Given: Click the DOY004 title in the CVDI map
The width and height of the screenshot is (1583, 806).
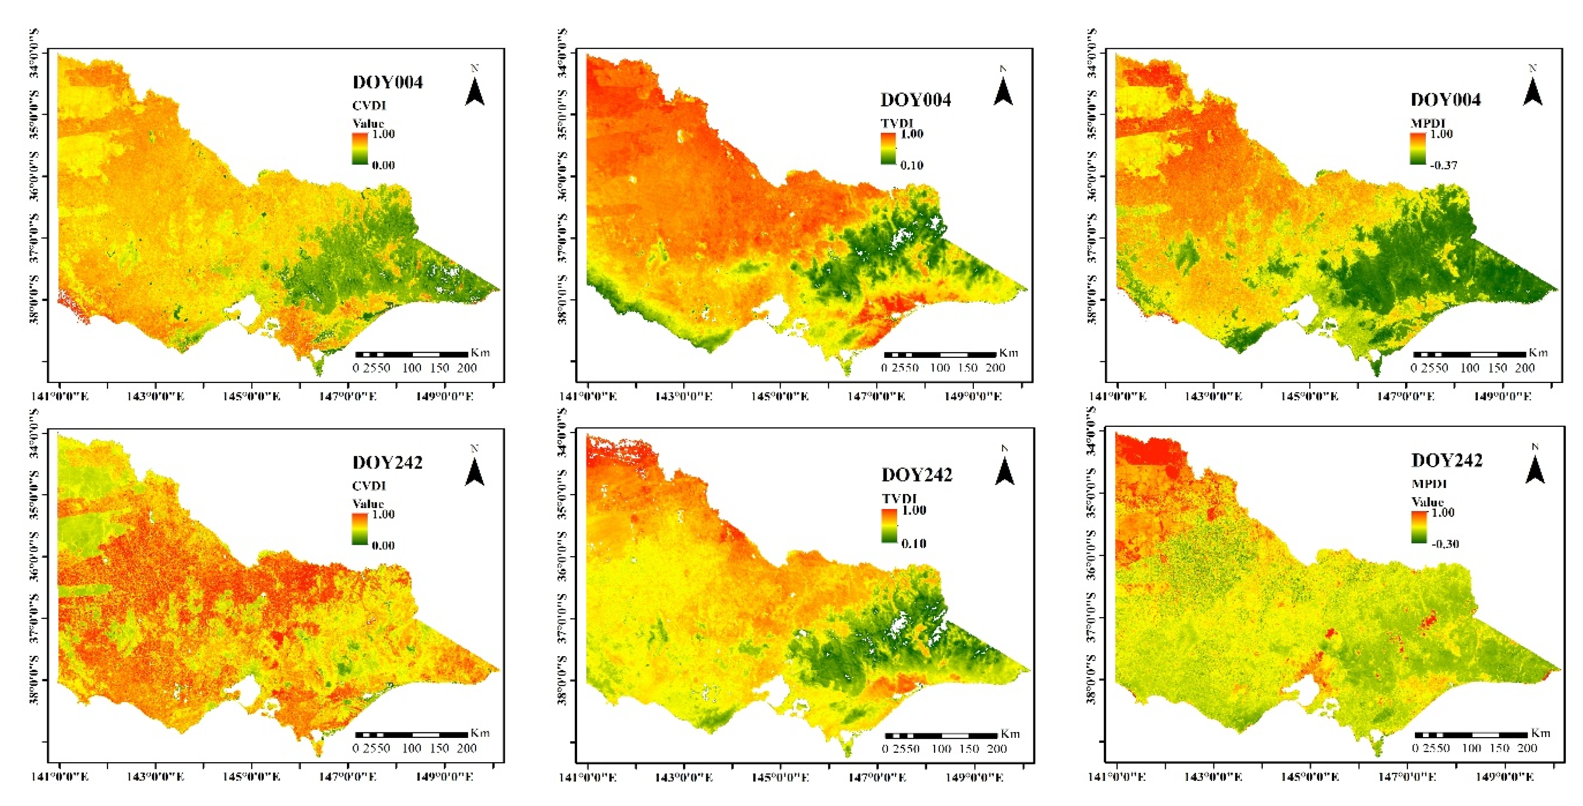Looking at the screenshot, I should (x=387, y=82).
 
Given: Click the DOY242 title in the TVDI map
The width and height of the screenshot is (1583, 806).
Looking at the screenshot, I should (x=916, y=475).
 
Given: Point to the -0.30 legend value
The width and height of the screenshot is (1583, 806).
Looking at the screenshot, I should (x=1444, y=544).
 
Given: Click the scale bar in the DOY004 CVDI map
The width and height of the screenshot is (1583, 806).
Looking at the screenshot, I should (x=411, y=354).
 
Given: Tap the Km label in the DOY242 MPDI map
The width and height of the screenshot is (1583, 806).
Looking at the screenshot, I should (x=1540, y=733).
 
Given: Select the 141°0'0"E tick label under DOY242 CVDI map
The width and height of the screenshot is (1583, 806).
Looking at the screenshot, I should (x=60, y=777).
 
